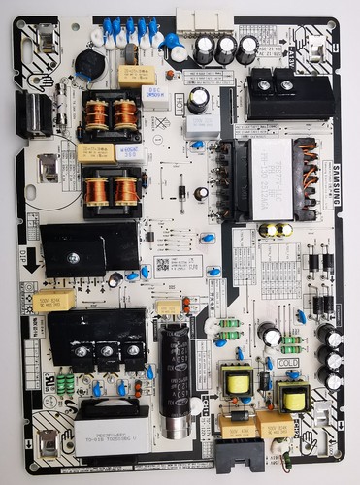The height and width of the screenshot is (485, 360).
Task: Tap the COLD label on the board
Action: (288, 362)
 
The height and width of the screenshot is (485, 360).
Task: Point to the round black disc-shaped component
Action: (89, 65)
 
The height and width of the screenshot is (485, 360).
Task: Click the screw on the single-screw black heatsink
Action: (73, 258)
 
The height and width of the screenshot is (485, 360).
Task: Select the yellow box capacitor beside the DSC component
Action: (137, 75)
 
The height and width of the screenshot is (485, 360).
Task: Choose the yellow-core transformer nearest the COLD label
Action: (292, 396)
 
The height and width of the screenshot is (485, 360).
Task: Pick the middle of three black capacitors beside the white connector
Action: (226, 49)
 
